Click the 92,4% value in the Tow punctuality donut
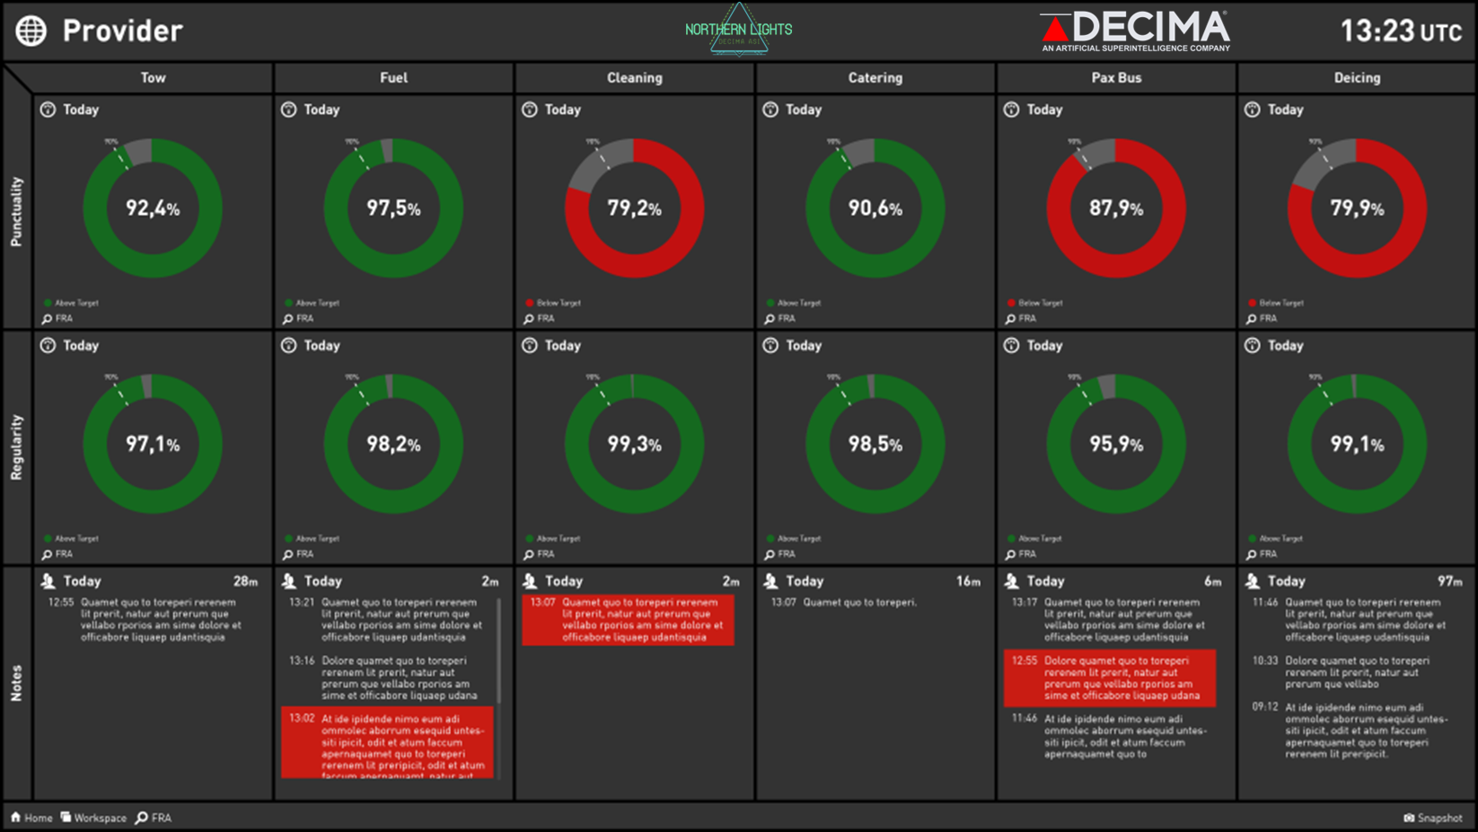[153, 208]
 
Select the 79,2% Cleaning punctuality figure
[634, 208]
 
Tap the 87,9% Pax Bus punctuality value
[1115, 208]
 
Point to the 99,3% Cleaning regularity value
[634, 444]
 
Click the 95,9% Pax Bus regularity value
[1115, 444]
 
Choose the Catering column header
[875, 78]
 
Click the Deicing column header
[1356, 78]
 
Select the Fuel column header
[393, 78]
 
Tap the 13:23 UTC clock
[1400, 31]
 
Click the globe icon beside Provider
[31, 31]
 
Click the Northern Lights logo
[738, 30]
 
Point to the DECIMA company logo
[1135, 31]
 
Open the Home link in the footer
[31, 818]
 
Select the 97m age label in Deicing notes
[1449, 581]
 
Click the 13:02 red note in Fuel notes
[387, 741]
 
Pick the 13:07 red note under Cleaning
[628, 619]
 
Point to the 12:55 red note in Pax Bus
[1109, 677]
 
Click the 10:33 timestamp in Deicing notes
[1264, 660]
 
